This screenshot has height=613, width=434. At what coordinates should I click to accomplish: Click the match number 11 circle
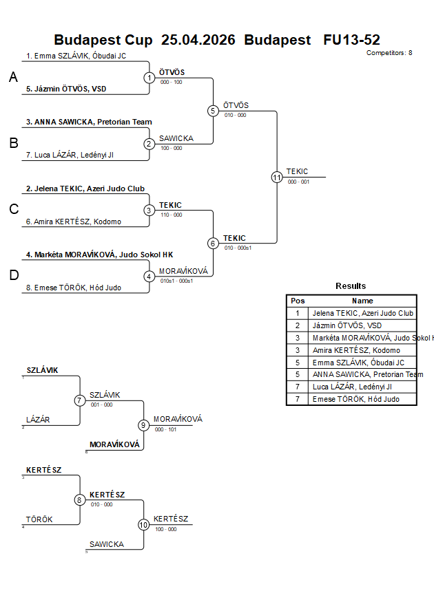pos(277,177)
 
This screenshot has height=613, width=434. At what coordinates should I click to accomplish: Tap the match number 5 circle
pos(213,111)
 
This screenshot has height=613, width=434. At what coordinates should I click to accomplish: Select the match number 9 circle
pos(144,424)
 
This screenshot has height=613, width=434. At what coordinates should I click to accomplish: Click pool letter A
pos(13,78)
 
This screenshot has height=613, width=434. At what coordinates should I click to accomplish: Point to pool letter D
pos(14,275)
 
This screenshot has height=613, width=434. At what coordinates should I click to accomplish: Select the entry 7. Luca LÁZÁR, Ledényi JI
pos(70,155)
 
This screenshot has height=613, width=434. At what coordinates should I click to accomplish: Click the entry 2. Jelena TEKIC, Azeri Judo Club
pos(85,189)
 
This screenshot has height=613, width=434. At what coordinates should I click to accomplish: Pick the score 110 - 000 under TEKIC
pos(171,215)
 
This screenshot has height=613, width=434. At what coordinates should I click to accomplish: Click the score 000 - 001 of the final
pos(298,182)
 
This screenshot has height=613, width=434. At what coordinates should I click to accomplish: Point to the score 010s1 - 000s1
pos(176,281)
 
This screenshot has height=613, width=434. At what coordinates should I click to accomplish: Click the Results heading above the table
pos(351,286)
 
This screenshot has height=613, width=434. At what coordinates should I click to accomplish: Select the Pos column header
pos(298,301)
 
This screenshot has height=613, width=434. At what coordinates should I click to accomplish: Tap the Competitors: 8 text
pos(389,52)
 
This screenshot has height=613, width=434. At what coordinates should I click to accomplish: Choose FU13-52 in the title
pos(351,40)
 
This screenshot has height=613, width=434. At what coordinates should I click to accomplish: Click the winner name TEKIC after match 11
pos(298,171)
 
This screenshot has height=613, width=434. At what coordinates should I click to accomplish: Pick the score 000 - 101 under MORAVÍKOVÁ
pos(165,429)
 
